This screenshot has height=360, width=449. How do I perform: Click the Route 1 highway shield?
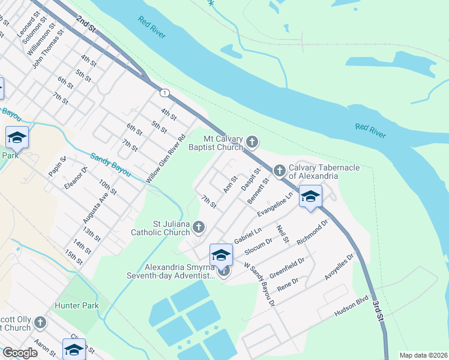tap(164, 92)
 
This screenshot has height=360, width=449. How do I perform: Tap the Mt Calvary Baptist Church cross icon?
tap(252, 142)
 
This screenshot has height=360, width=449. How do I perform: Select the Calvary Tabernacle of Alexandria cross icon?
tap(279, 171)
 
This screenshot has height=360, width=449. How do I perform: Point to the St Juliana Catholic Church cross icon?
tap(199, 227)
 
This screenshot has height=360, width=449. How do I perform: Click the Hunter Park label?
tap(82, 306)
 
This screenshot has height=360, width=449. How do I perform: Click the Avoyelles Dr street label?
tap(340, 265)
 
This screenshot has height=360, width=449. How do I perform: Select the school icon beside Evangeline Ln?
tap(310, 196)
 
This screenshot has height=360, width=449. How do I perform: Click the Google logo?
tap(20, 353)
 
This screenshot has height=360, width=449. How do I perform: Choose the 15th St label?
tap(74, 257)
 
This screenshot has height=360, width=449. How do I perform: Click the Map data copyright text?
tap(423, 355)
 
